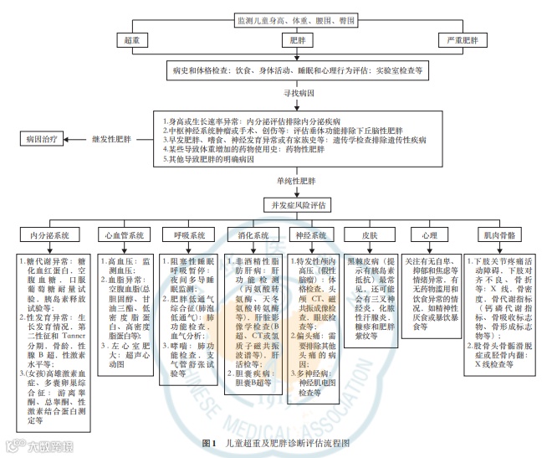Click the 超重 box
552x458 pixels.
click(x=132, y=39)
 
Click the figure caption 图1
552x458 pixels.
click(x=209, y=441)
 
